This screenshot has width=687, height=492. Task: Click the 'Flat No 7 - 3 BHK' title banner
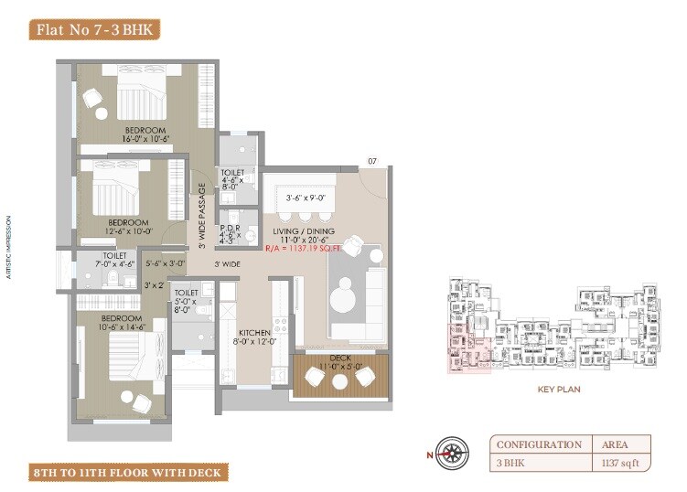[x=95, y=29]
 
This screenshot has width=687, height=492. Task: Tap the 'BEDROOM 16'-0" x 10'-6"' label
[x=146, y=134]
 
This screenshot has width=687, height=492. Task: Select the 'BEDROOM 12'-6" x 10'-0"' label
[x=128, y=227]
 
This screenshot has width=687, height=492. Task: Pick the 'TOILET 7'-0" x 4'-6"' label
[x=114, y=261]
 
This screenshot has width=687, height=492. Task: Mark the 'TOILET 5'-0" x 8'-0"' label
[x=186, y=301]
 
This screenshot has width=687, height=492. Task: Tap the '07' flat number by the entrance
[x=372, y=162]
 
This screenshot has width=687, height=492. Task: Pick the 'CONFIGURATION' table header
[x=539, y=444]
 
